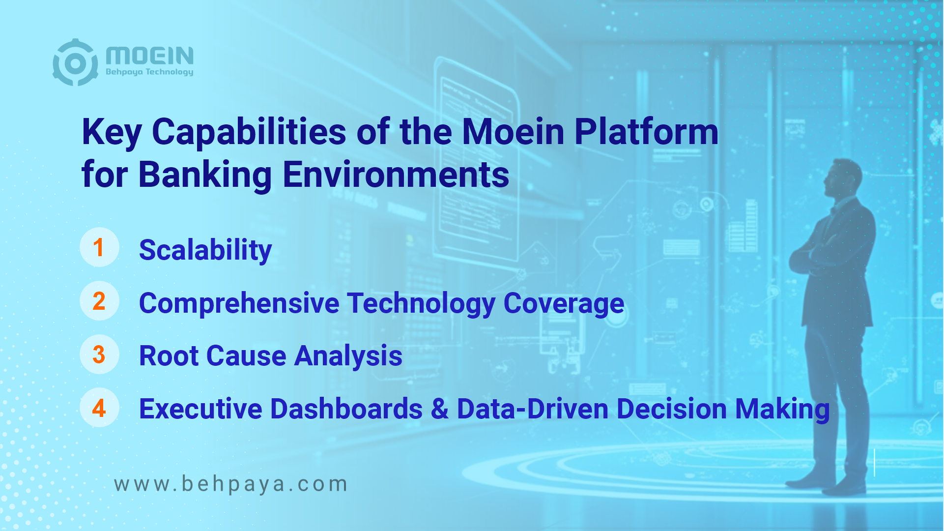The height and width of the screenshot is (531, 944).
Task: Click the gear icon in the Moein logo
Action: (75, 62)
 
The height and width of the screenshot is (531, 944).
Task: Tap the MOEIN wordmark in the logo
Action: (150, 56)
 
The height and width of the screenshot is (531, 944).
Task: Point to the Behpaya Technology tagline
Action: (150, 72)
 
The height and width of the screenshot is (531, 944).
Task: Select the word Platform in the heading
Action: (646, 132)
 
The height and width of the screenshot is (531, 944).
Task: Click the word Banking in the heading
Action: (205, 176)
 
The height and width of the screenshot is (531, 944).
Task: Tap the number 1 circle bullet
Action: (99, 247)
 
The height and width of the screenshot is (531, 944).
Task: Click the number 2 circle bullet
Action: (99, 301)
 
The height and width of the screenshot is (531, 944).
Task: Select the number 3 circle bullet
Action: (99, 354)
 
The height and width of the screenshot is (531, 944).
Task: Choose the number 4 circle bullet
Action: (99, 408)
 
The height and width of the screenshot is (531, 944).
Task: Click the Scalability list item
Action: (205, 251)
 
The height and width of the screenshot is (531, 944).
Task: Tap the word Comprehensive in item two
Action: (239, 303)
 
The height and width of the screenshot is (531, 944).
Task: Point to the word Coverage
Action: (564, 303)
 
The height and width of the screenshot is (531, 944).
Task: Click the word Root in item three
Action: (169, 356)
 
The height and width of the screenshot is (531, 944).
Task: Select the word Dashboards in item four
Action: (346, 409)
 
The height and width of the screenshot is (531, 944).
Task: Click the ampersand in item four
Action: (440, 410)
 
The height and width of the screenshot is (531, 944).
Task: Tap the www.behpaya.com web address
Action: (230, 484)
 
